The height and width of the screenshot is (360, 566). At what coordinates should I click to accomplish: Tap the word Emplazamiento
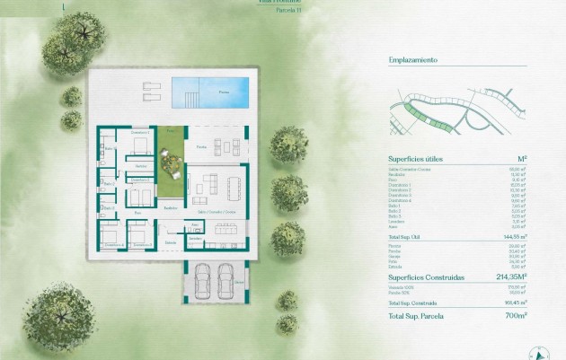(x=412, y=60)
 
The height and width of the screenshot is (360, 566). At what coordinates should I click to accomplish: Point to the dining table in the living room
(x=235, y=188)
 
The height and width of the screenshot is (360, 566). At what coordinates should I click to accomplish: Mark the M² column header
(x=521, y=158)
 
